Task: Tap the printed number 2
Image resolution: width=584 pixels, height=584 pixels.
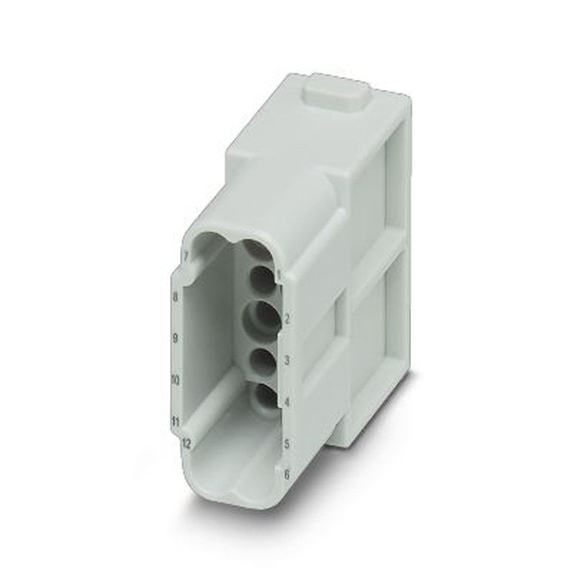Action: coord(287,319)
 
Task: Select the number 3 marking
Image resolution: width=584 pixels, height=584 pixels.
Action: coord(287,361)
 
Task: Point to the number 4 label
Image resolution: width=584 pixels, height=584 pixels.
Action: coord(287,402)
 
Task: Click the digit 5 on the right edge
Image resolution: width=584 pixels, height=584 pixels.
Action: coord(287,444)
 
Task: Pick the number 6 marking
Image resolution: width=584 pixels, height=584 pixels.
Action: coord(286,474)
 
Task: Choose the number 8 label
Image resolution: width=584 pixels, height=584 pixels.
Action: coord(175,297)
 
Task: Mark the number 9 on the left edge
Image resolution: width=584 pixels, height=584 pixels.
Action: coord(175,338)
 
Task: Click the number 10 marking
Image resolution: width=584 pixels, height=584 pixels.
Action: coord(175,380)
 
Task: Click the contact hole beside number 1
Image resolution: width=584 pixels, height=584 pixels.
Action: coord(262,280)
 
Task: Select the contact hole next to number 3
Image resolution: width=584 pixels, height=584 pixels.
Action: coord(262,362)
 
